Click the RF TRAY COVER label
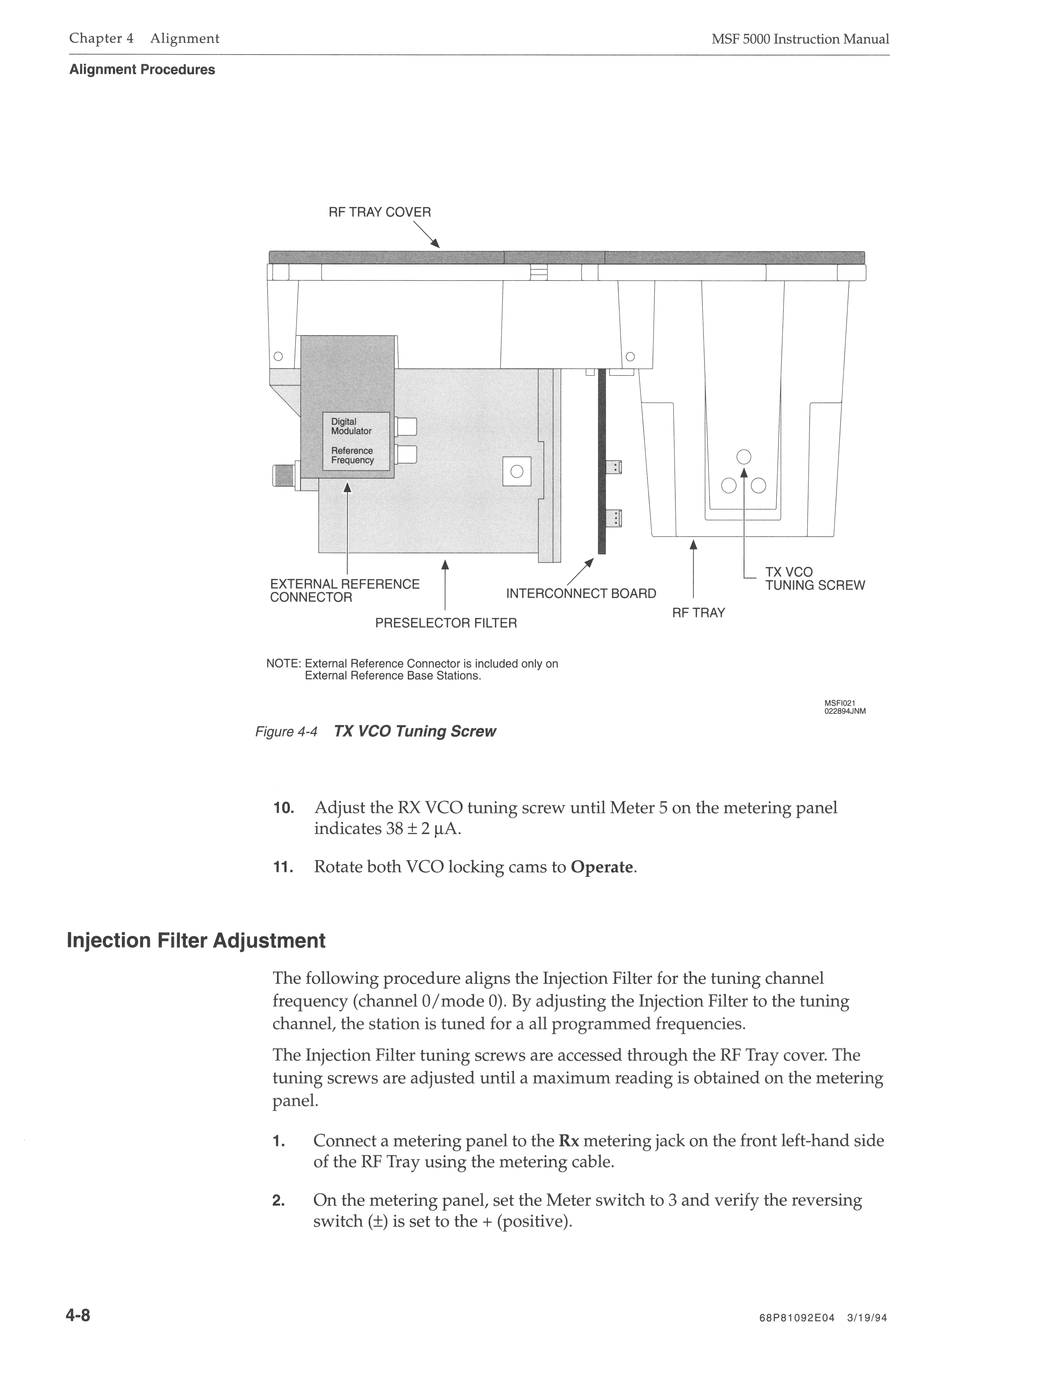(x=380, y=212)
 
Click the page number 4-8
(x=78, y=1316)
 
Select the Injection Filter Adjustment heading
(x=196, y=941)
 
